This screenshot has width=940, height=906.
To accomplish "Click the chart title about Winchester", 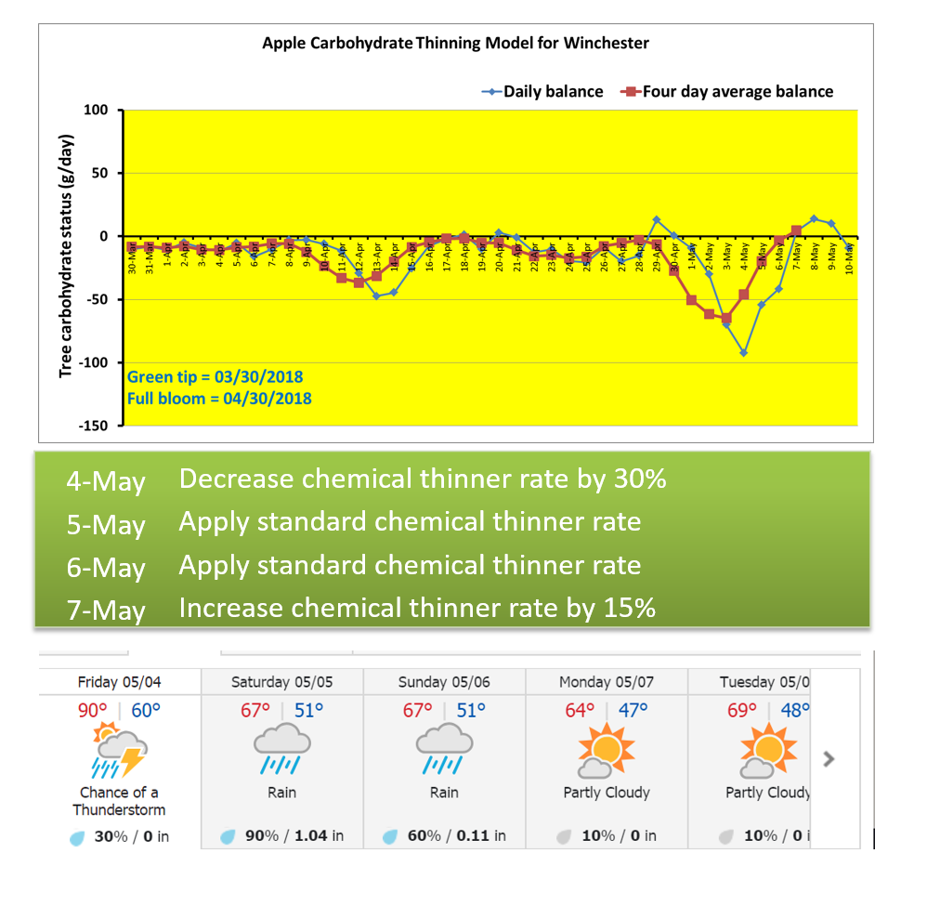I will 455,43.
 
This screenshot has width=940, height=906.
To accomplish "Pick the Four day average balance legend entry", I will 728,91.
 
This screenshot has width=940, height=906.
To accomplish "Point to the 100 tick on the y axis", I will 97,111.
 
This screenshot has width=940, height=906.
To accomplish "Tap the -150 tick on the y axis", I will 93,426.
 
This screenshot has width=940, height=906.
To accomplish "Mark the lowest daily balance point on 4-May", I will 743,352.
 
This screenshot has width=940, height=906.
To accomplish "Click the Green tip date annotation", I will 215,377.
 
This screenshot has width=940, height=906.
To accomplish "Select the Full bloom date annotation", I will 219,399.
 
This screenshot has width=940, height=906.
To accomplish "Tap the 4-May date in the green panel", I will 106,482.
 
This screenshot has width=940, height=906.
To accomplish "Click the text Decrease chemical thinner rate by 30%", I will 423,479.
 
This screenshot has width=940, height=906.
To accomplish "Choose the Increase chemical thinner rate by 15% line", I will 417,608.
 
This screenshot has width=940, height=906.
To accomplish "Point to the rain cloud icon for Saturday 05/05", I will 281,749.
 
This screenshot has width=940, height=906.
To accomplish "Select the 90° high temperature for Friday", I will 93,711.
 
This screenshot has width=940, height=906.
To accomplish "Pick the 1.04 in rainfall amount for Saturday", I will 319,835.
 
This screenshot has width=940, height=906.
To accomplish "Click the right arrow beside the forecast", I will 829,758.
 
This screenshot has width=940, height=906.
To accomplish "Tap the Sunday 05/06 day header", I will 444,682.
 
